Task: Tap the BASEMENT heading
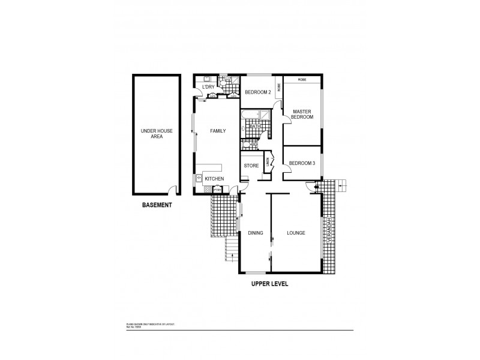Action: (x=157, y=205)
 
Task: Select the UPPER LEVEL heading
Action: (x=269, y=284)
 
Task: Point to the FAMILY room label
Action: (x=217, y=131)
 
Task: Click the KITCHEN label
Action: (x=214, y=179)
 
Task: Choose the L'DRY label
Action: (x=208, y=88)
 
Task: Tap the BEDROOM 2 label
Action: (x=259, y=91)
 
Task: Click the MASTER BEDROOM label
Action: (x=302, y=115)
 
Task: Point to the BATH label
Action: (x=254, y=127)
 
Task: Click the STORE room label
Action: (x=251, y=166)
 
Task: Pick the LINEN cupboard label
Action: (x=268, y=161)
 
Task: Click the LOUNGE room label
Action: (x=296, y=233)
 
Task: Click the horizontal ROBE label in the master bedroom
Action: (x=302, y=79)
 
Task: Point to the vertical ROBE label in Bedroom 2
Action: (x=278, y=86)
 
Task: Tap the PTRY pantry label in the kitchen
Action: (x=217, y=191)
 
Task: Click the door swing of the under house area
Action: (x=173, y=191)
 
